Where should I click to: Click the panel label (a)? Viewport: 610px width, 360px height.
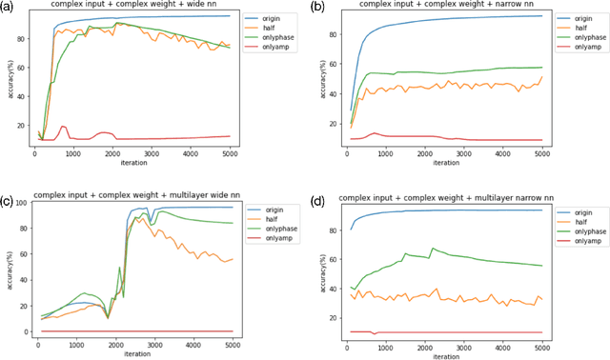tap(8, 7)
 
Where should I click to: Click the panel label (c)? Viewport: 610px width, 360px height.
tap(8, 202)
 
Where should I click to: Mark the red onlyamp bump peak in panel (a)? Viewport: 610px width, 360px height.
tap(63, 126)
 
